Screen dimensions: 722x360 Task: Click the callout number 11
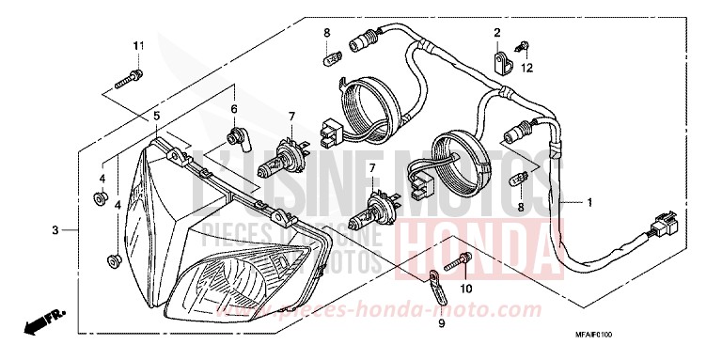click(138, 47)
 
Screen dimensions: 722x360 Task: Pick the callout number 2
click(495, 34)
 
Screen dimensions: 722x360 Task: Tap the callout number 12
click(527, 69)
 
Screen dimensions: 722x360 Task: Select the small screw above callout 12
click(526, 46)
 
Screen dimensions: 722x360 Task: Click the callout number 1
click(589, 202)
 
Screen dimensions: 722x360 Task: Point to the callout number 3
click(55, 230)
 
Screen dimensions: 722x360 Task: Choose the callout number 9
click(439, 324)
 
